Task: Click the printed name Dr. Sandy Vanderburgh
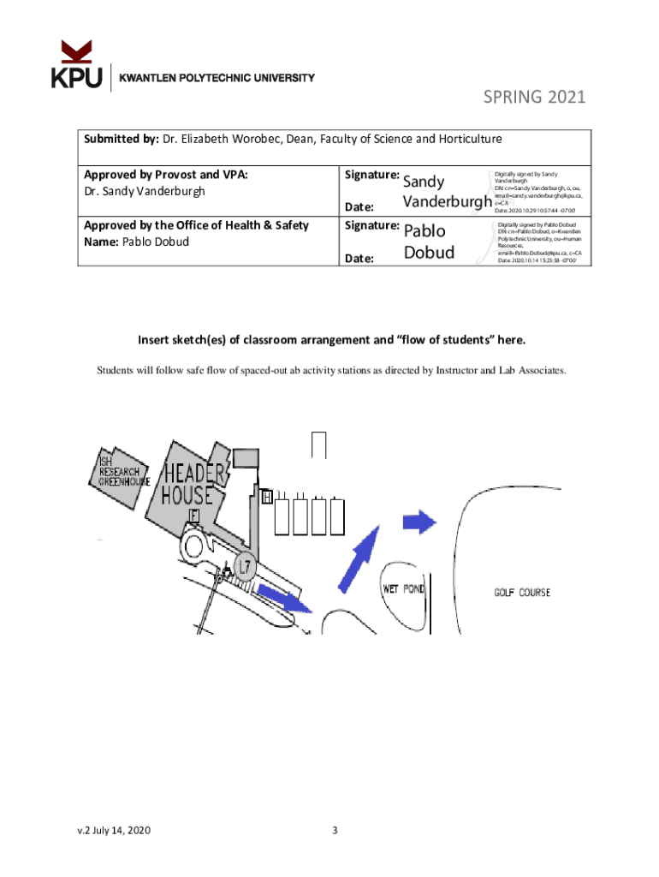145,191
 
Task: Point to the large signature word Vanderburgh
446,202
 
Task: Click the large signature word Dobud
429,252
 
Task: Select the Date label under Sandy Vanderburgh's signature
359,206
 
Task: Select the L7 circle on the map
245,565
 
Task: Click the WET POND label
402,590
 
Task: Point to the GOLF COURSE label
522,593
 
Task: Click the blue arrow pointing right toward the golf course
419,522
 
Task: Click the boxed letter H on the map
268,497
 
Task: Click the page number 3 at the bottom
335,830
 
